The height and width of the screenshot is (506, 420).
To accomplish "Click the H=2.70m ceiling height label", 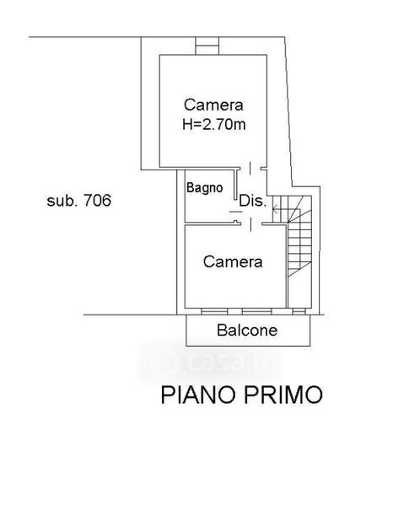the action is (214, 124).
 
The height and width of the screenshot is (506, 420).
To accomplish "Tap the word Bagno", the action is (205, 188).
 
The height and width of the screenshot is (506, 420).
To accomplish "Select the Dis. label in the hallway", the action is (253, 201).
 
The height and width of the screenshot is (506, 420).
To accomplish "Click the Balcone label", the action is (247, 330).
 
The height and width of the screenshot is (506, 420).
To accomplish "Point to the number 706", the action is (97, 200).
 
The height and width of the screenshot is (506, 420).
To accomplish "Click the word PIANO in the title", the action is (197, 395).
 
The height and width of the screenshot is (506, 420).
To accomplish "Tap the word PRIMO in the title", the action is (283, 395).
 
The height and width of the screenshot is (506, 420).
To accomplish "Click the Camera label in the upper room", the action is (213, 105).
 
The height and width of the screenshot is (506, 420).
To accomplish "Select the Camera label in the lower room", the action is (233, 261).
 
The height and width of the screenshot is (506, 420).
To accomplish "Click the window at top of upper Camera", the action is (207, 46).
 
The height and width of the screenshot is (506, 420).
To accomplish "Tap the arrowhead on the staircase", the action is (275, 209).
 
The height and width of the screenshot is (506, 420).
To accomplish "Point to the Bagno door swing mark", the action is (235, 212).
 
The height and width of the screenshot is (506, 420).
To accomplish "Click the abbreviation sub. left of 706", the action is (62, 201).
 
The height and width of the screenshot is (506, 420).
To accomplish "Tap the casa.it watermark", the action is (210, 362).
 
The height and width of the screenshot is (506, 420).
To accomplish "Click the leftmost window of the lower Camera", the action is (214, 311).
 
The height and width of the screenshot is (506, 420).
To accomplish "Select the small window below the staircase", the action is (299, 311).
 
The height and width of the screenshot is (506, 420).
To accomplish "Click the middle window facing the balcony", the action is (256, 311).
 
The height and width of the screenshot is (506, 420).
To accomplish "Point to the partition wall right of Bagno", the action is (235, 185).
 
